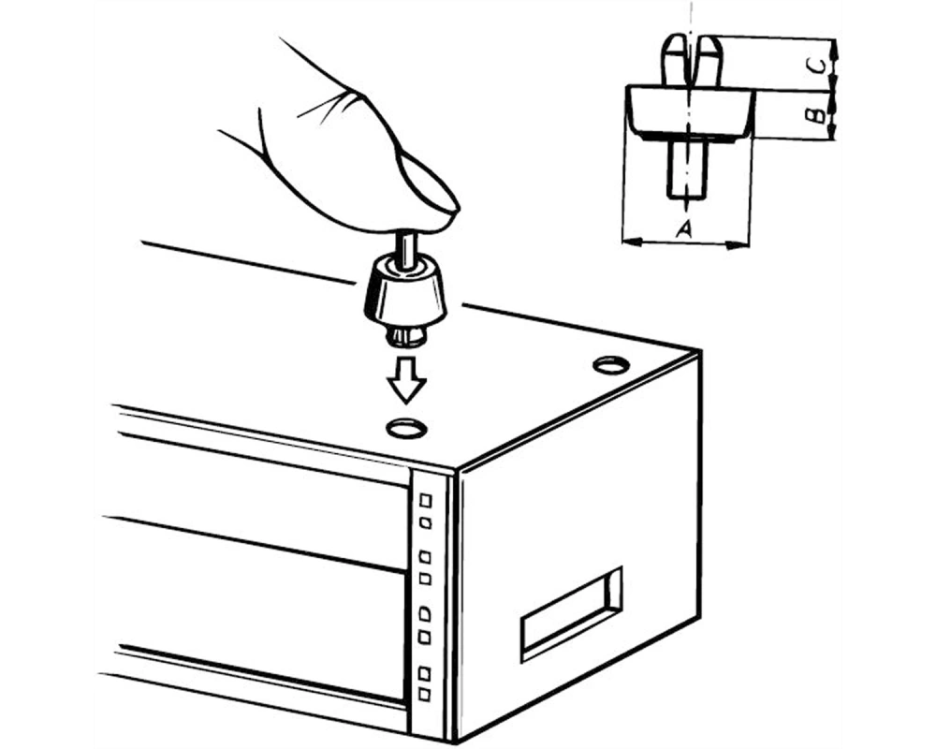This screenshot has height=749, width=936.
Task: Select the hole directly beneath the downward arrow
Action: pyautogui.click(x=408, y=428)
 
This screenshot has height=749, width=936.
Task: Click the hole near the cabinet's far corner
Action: pyautogui.click(x=610, y=364)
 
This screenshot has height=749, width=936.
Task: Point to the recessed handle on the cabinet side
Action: pyautogui.click(x=571, y=613)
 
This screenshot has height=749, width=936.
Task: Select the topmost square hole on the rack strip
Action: pyautogui.click(x=426, y=499)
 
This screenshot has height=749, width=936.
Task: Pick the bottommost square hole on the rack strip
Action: pyautogui.click(x=424, y=695)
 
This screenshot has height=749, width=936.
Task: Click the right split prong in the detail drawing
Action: pyautogui.click(x=709, y=60)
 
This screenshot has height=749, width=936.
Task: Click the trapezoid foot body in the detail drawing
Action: pyautogui.click(x=690, y=112)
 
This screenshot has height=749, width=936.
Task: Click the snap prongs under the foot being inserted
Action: pyautogui.click(x=407, y=336)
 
